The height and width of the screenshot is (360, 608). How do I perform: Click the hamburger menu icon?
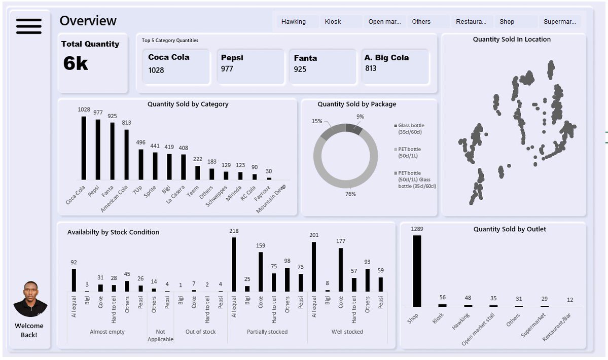29,26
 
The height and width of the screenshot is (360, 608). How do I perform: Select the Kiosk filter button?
333,22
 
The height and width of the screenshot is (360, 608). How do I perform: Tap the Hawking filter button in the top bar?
294,22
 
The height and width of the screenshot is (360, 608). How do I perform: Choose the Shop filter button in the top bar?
507,22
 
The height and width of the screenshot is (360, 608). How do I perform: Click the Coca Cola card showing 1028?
176,66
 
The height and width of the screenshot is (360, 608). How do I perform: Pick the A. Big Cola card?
395,66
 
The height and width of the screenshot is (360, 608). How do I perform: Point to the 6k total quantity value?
76,63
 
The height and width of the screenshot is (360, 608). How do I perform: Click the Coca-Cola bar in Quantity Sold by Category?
84,148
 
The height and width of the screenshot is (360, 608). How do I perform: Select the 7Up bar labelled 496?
141,164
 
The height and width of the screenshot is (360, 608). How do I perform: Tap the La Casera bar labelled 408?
184,167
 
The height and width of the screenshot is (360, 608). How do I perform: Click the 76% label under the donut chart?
350,194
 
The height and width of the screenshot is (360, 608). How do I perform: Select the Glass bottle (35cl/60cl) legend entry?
411,128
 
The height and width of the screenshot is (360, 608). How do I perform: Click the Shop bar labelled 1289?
417,271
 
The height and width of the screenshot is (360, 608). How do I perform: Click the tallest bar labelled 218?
234,265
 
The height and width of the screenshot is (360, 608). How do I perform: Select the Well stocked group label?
347,332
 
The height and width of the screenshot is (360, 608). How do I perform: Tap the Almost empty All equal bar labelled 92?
74,280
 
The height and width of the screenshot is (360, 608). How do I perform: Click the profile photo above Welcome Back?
30,300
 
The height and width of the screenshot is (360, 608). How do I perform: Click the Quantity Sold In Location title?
512,40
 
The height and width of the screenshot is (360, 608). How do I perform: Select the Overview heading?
88,21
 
